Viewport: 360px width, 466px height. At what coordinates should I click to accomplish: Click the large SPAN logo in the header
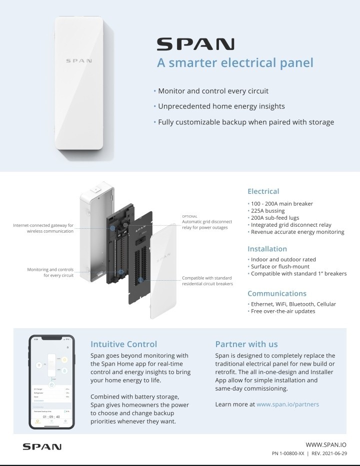[x=195, y=44]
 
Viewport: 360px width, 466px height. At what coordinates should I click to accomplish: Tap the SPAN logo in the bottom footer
[x=42, y=446]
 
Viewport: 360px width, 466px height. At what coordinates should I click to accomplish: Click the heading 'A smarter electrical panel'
[x=235, y=63]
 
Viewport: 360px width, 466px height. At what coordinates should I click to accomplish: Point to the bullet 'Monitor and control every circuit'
[x=213, y=91]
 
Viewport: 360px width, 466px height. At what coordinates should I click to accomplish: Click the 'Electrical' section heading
[x=263, y=191]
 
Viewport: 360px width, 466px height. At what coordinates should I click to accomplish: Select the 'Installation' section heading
[x=267, y=249]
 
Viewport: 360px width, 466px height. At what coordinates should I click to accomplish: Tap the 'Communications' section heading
[x=277, y=293]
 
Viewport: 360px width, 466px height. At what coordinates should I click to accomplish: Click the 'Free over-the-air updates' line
[x=283, y=311]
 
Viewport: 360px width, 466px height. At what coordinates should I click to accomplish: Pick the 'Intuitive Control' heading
[x=123, y=344]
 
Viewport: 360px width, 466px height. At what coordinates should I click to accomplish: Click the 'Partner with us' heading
[x=246, y=344]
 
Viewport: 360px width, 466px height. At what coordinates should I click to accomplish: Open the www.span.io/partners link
[x=287, y=404]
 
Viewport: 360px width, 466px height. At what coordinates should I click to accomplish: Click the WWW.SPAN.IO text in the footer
[x=325, y=444]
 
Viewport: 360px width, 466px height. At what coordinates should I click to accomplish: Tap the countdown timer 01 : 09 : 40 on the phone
[x=51, y=417]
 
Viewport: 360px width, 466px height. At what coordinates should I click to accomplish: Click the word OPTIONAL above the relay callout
[x=189, y=216]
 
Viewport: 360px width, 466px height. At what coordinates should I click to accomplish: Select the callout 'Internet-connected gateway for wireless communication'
[x=43, y=228]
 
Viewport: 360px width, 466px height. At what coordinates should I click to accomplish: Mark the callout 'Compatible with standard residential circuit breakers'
[x=207, y=281]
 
